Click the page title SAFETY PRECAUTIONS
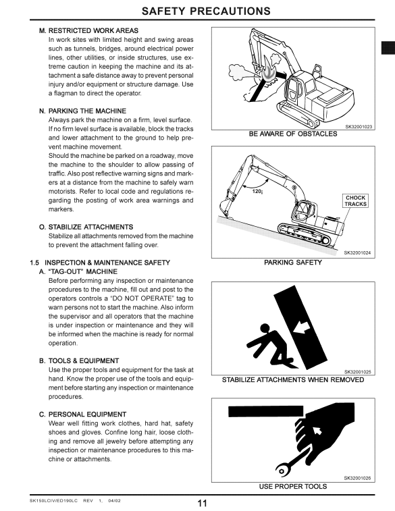tap(206, 11)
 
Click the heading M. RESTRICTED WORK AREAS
tap(88, 30)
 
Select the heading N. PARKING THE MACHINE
tap(83, 111)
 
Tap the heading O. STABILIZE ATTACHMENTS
tap(86, 227)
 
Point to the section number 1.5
tap(34, 263)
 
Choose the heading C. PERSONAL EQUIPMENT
tap(83, 414)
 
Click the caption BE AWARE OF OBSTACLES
tap(293, 134)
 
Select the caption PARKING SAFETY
tap(293, 263)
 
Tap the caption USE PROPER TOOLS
tap(293, 486)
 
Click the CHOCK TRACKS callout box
tap(356, 200)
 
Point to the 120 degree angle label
tap(257, 191)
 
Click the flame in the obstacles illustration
tap(268, 72)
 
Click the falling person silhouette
tap(268, 345)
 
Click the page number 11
tap(202, 504)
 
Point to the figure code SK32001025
tap(357, 372)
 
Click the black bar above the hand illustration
tap(265, 411)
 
